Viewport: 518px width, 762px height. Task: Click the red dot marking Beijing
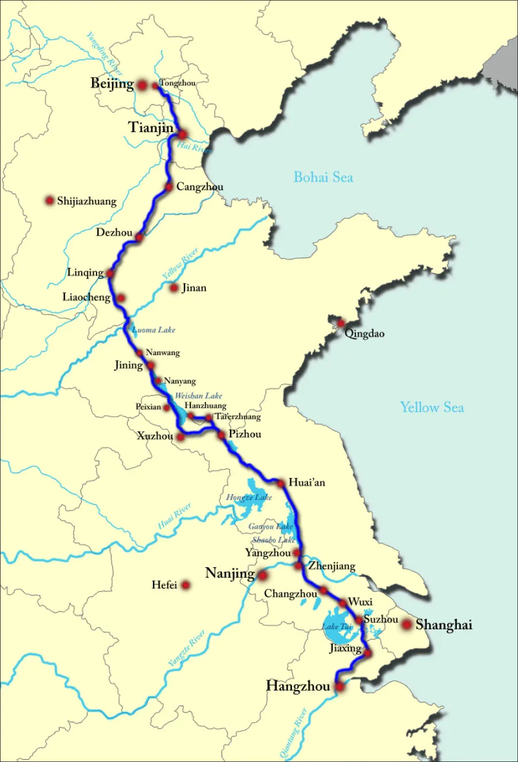point(142,84)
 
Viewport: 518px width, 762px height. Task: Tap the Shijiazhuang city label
point(87,201)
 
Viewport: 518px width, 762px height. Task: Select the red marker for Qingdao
point(341,322)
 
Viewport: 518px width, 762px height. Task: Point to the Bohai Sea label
point(323,177)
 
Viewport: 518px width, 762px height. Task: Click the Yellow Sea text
point(432,407)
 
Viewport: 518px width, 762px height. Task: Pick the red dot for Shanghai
point(407,624)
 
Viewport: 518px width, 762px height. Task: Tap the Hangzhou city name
point(298,686)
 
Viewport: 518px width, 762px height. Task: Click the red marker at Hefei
point(186,585)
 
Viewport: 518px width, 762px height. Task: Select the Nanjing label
point(230,574)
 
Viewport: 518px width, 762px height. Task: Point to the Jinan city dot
point(174,287)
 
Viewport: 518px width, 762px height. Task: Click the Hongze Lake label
point(249,497)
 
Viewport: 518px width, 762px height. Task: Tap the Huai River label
point(175,517)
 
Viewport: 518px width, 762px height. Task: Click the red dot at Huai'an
point(281,483)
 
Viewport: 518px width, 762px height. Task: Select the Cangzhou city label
point(199,187)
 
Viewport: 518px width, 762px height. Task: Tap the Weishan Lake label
point(198,396)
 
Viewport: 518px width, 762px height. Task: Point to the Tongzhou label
point(178,83)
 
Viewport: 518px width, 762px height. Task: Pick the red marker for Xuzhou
point(180,437)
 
